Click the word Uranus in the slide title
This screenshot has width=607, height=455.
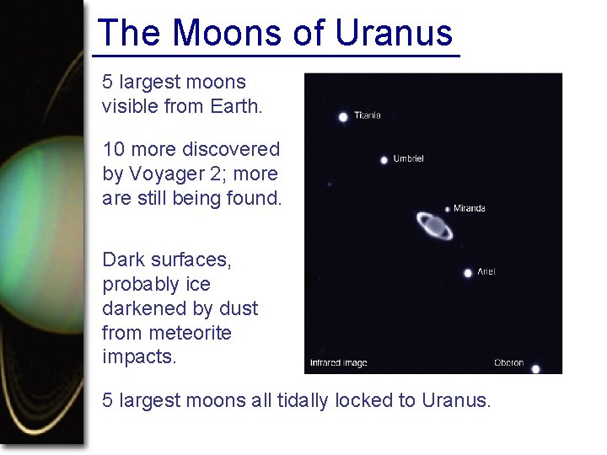coord(395,34)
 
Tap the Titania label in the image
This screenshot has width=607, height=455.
coord(367,115)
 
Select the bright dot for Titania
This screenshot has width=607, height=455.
coord(343,117)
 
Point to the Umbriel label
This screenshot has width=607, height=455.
coord(409,158)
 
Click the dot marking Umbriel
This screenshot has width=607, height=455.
coord(384,159)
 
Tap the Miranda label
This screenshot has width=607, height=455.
coord(470,208)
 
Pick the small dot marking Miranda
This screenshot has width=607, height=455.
coord(448,209)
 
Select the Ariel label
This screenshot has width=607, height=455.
coord(486,271)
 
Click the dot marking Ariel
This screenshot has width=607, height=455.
coord(468,272)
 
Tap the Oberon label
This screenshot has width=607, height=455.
coord(508,363)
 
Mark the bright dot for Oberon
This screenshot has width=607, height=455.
coord(535,368)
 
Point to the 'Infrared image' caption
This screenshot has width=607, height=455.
coord(338,363)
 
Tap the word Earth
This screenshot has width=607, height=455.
coord(239,107)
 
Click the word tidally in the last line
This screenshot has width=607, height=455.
coord(304,400)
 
